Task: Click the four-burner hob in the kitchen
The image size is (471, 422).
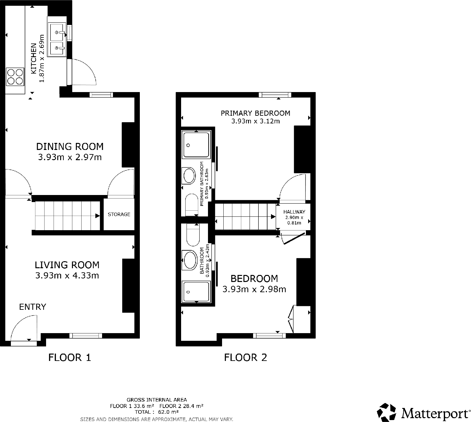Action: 15,77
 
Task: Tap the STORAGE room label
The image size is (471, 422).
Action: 119,214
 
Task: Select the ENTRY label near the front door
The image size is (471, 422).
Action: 32,307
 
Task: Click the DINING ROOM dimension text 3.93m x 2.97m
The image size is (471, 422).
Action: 70,157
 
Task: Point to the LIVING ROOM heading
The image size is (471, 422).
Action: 67,265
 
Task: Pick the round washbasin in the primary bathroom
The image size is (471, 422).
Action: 189,175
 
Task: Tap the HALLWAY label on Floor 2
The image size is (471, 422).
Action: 294,212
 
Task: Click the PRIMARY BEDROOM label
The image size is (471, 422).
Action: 255,113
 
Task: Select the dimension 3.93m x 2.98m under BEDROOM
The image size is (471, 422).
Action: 254,289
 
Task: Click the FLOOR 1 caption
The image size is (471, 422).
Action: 69,357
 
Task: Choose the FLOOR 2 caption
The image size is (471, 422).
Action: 245,357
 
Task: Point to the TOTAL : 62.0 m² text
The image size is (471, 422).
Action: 156,412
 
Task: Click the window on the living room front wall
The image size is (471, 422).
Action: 85,335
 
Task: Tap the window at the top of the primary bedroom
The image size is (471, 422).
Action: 275,95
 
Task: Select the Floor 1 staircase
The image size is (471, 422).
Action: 67,216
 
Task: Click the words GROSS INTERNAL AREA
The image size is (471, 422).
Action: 156,400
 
